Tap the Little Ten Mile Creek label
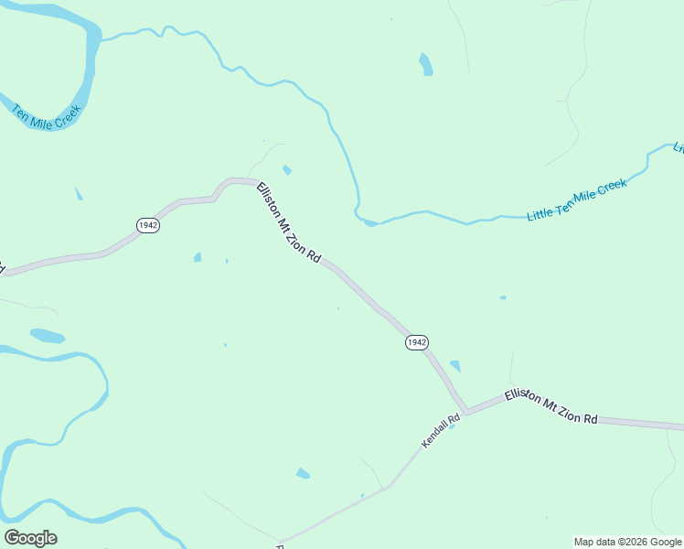[577, 199]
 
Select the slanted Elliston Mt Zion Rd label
[288, 223]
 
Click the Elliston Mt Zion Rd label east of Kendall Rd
[550, 406]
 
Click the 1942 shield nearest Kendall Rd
[416, 342]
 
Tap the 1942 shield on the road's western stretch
[148, 225]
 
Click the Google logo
[30, 538]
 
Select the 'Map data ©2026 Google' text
[627, 542]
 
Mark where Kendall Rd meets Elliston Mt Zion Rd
[465, 413]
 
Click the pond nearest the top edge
[425, 64]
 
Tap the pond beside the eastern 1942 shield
[455, 366]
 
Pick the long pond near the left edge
[48, 336]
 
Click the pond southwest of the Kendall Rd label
[303, 473]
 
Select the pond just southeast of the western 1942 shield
[198, 257]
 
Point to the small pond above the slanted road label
[287, 169]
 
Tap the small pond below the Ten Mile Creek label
[79, 193]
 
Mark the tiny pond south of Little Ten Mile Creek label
[503, 297]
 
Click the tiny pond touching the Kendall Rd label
[452, 426]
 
